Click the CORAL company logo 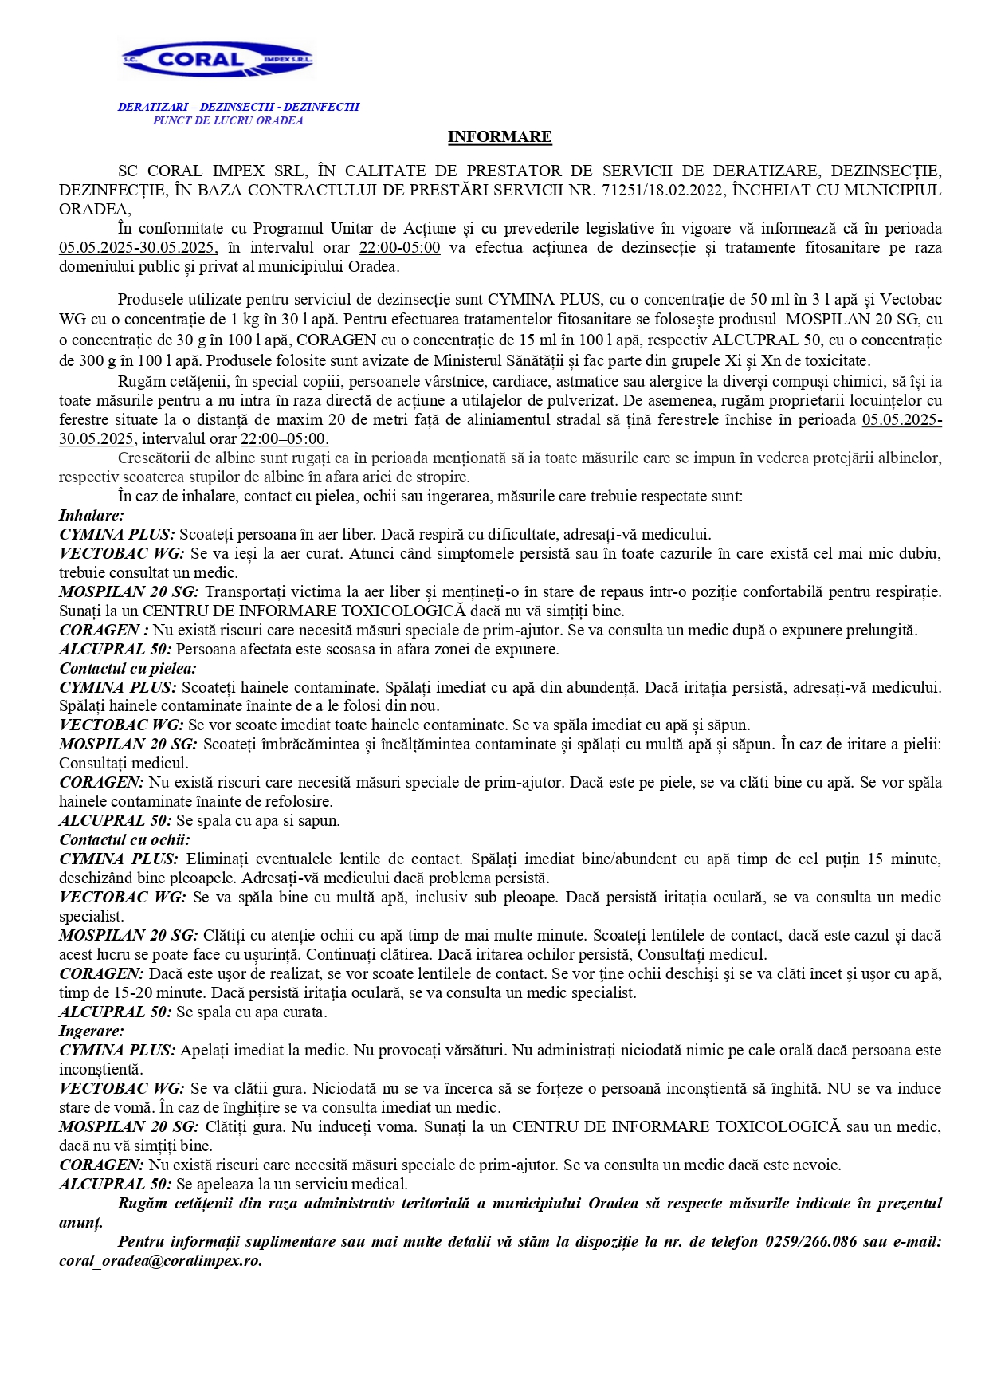tap(217, 60)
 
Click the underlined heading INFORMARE tap(499, 136)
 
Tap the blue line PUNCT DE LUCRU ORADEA tap(228, 120)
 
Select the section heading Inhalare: tap(92, 515)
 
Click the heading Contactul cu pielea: tap(128, 668)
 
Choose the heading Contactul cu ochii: tap(124, 839)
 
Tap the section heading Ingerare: tap(92, 1031)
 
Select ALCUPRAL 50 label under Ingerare tap(115, 1184)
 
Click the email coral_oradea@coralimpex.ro tap(160, 1260)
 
